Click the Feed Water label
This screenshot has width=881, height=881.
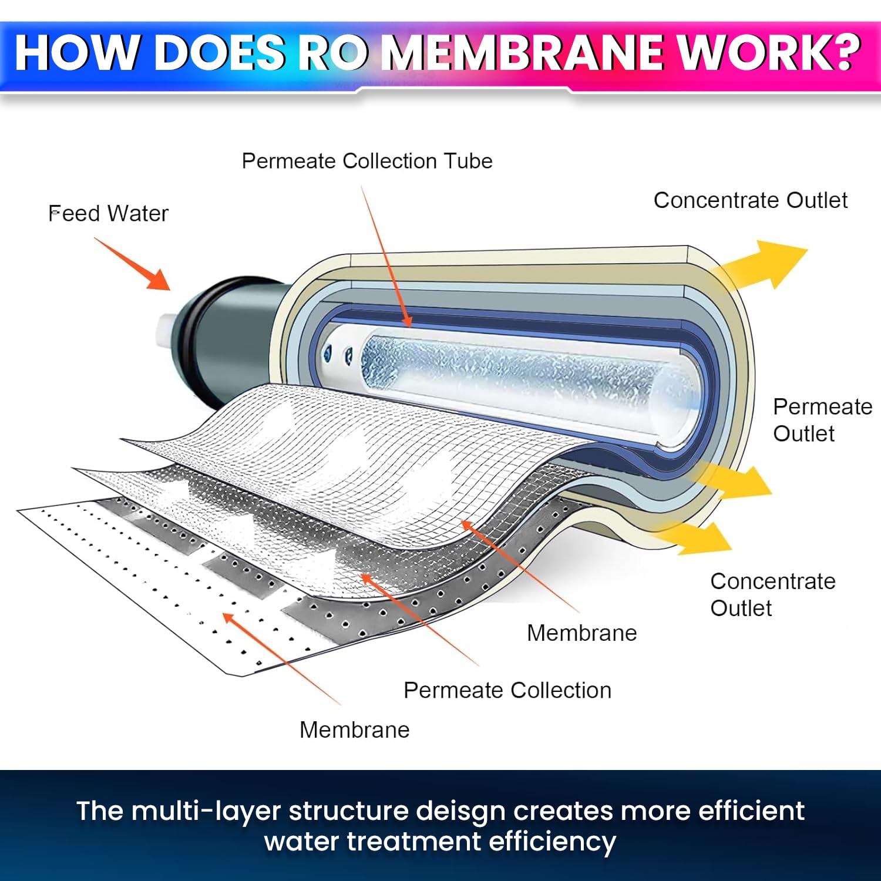pyautogui.click(x=108, y=213)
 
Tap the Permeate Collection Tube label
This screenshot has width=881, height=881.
pyautogui.click(x=367, y=161)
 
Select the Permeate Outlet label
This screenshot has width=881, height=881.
pyautogui.click(x=822, y=420)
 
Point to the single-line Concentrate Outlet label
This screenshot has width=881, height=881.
pyautogui.click(x=750, y=200)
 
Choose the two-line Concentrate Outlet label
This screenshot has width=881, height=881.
pyautogui.click(x=772, y=594)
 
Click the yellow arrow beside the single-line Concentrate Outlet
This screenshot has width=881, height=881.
pyautogui.click(x=764, y=264)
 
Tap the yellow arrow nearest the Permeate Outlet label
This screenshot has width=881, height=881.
pyautogui.click(x=734, y=479)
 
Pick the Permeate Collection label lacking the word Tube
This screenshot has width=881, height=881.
pyautogui.click(x=507, y=690)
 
